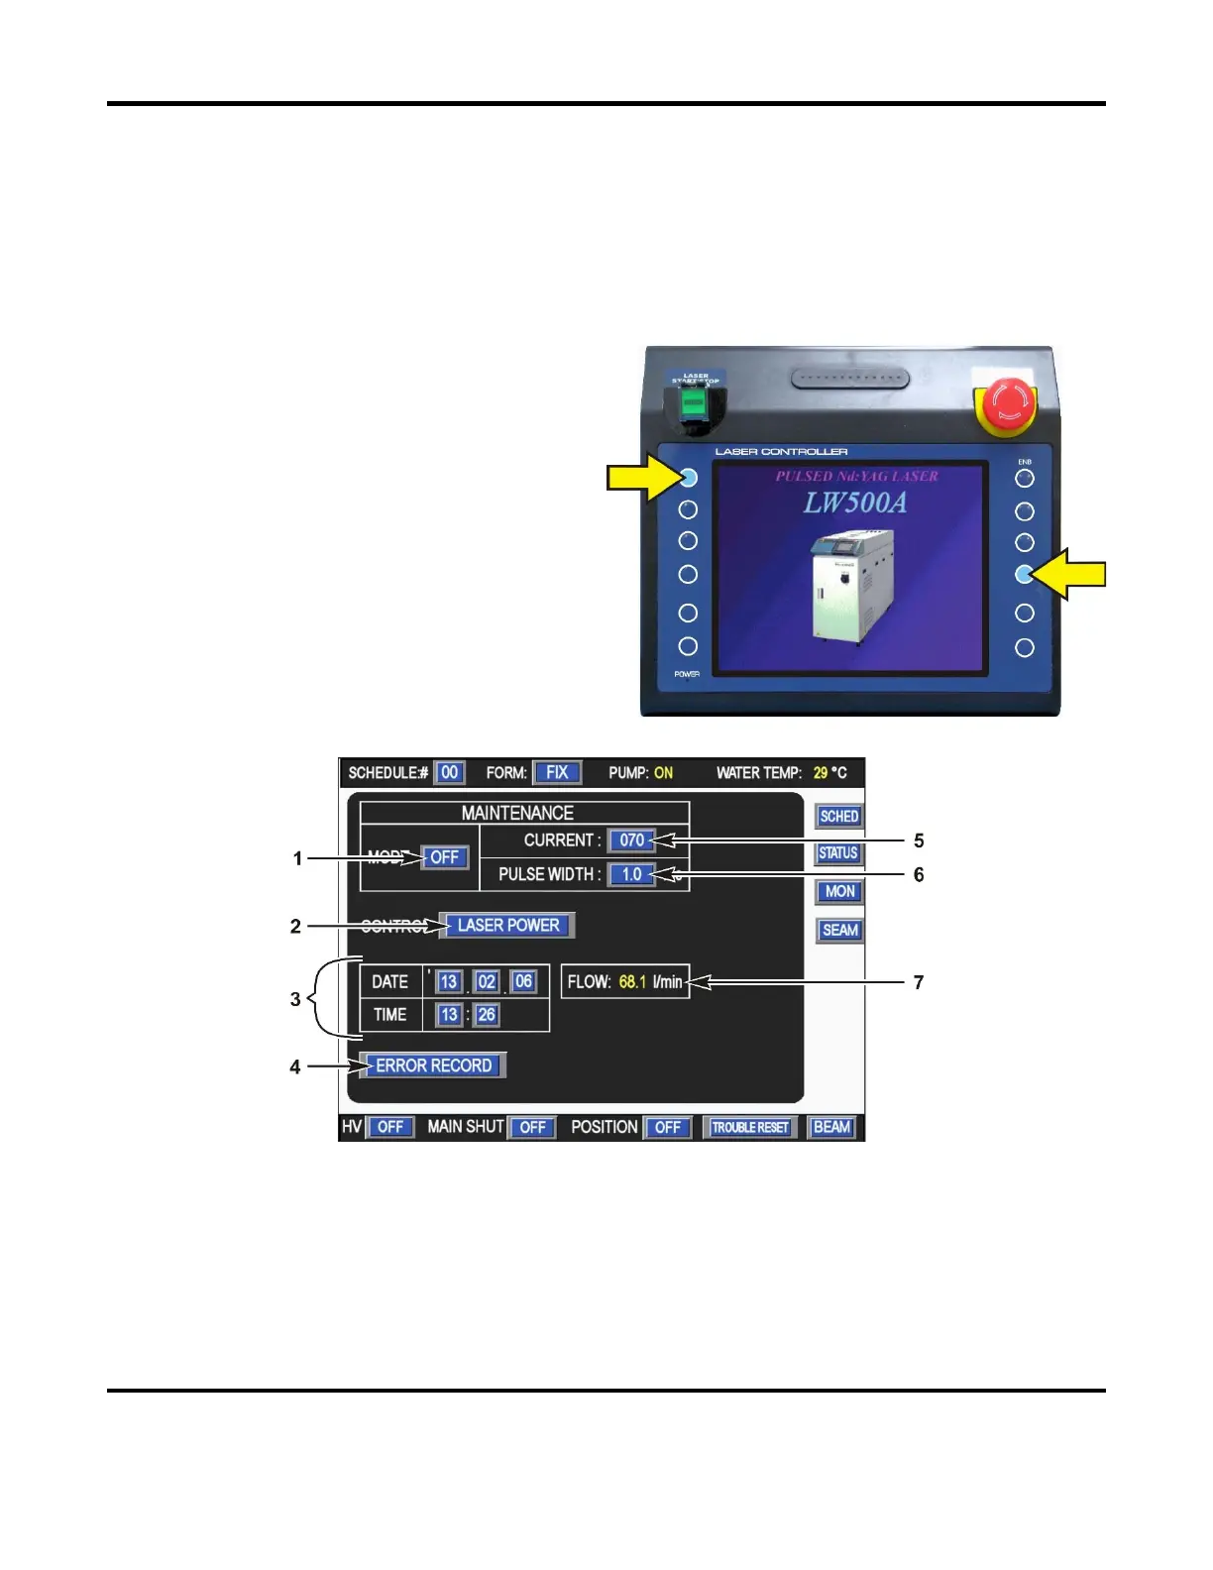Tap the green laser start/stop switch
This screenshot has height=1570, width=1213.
coord(695,402)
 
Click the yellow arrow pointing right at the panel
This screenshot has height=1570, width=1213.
coord(639,479)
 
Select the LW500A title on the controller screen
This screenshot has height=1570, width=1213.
coord(854,504)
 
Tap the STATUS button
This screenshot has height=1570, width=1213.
coord(838,853)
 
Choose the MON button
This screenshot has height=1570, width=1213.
coord(839,891)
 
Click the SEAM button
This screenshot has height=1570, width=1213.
coord(839,930)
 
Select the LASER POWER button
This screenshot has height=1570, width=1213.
coord(507,925)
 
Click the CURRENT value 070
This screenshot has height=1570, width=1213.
coord(631,840)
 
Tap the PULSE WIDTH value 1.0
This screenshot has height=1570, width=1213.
coord(631,874)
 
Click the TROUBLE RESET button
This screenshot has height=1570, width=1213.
coord(750,1127)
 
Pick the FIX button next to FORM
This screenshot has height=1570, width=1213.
coord(557,772)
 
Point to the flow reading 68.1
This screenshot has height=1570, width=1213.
coord(632,982)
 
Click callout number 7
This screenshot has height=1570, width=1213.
coord(919,982)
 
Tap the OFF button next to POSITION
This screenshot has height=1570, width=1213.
coord(668,1127)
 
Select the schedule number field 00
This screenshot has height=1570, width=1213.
coord(449,772)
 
